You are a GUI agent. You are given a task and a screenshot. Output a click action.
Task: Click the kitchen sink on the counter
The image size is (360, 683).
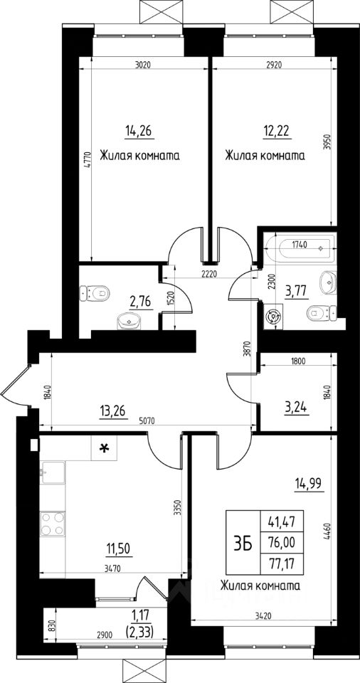(52, 473)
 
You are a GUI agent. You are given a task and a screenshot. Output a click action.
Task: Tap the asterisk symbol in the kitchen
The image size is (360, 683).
(104, 448)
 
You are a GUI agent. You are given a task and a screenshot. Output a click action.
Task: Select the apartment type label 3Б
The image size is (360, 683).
(243, 542)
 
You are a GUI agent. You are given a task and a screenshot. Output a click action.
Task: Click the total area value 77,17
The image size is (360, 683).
(282, 563)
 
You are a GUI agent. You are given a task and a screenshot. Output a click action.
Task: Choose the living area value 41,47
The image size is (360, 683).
(282, 521)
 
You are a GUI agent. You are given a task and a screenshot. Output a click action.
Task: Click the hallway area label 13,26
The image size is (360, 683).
(113, 412)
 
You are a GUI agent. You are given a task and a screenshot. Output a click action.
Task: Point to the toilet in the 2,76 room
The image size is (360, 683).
(94, 293)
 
